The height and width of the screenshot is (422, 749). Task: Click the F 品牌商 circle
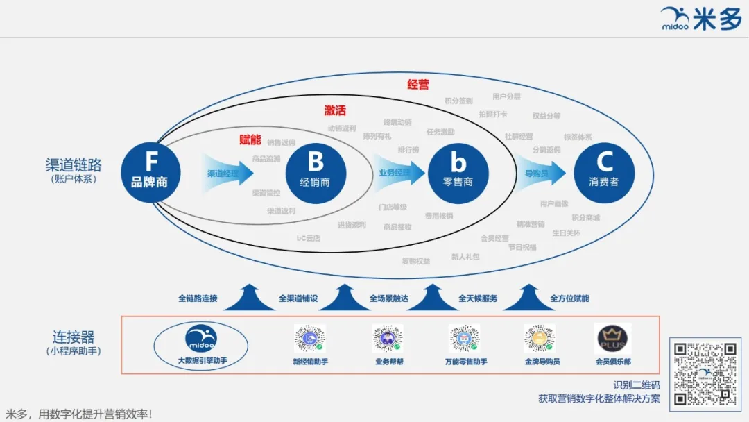(x=150, y=171)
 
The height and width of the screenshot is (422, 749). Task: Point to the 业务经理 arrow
(x=399, y=172)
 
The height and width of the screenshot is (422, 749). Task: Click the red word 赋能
(x=250, y=140)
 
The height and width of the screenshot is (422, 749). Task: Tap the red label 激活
(x=335, y=110)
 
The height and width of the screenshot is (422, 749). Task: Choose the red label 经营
(x=418, y=85)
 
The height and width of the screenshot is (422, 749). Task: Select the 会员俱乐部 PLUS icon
(x=613, y=339)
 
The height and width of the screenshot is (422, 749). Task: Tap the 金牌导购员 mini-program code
(x=540, y=338)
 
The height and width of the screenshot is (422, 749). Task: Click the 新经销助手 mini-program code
(x=310, y=338)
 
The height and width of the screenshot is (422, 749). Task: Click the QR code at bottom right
(x=704, y=373)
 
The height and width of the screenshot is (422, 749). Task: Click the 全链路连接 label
(x=198, y=298)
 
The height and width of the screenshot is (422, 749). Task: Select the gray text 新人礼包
(x=465, y=257)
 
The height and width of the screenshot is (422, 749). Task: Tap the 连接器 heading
(x=74, y=337)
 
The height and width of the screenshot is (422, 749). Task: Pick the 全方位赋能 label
(x=569, y=298)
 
